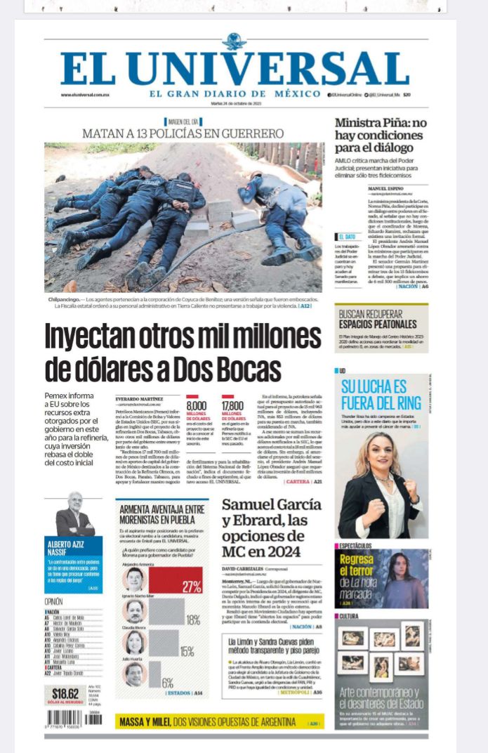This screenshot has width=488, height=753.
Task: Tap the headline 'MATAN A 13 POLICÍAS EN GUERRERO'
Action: [x=183, y=133]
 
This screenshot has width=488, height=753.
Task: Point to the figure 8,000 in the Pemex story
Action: [x=196, y=405]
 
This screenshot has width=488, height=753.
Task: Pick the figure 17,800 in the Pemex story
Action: [x=232, y=405]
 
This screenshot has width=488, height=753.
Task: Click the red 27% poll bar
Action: [x=176, y=580]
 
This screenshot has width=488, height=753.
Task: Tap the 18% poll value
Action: [x=192, y=620]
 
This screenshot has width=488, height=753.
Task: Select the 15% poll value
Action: [x=187, y=651]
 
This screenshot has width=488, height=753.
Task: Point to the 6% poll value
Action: [x=167, y=683]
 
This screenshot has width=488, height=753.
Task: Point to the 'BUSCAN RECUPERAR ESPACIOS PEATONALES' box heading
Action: [x=376, y=320]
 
